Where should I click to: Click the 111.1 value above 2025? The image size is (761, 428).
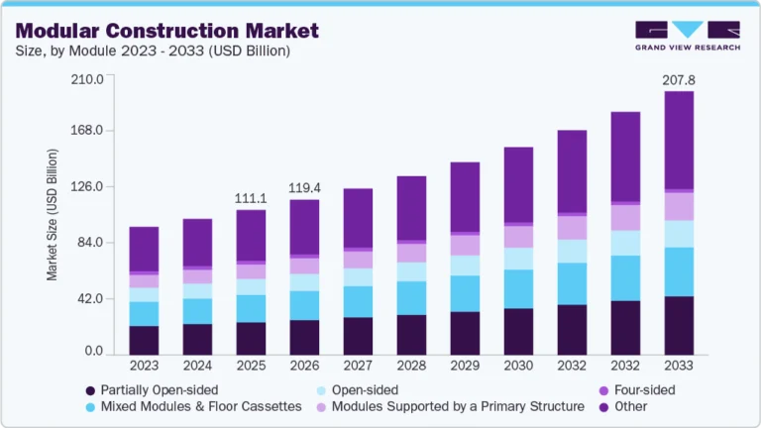250,198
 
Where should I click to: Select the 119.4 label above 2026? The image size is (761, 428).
303,187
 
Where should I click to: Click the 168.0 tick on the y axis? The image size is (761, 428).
88,130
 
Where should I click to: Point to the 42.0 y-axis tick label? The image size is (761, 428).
91,297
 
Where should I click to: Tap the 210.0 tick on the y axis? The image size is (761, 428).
88,78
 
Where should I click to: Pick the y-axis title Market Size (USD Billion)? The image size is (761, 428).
53,215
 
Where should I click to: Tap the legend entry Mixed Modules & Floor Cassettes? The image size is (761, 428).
194,406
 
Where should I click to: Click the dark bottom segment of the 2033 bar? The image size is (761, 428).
678,325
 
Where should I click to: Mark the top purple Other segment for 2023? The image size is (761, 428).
144,249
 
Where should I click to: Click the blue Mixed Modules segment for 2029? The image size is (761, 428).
464,293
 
